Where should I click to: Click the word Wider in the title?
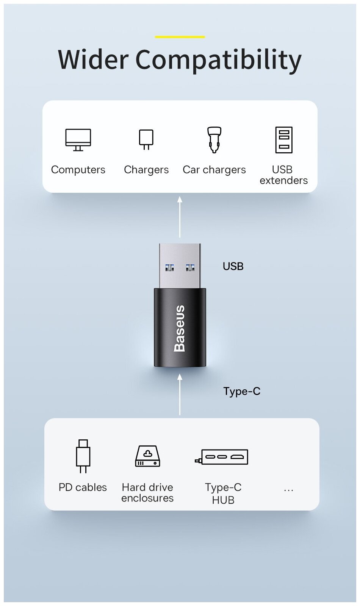pos(93,59)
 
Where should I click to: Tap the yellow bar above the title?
pos(180,37)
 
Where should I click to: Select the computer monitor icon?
pos(78,140)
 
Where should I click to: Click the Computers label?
pos(78,170)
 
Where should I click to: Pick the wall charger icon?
pos(146,139)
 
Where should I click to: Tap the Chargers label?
pos(146,170)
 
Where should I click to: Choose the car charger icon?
pos(214,140)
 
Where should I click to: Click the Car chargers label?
pos(214,170)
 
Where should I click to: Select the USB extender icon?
pos(284,140)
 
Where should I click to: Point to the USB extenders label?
pos(283,175)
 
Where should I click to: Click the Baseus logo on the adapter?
pos(179,328)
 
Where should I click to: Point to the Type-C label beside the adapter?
pos(242,391)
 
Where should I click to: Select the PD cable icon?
pos(83,456)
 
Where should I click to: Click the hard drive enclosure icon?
pos(147,456)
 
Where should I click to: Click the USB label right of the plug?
pos(233,266)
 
